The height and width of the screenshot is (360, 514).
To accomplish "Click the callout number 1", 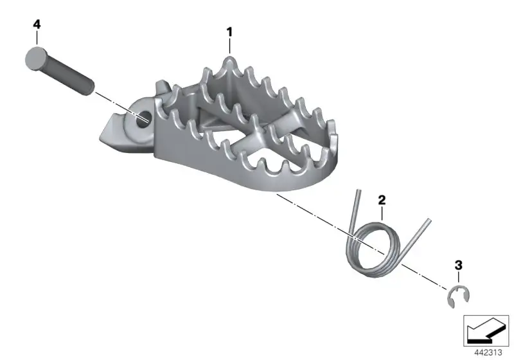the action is point(229,32).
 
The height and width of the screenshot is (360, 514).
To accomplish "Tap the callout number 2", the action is point(382,200).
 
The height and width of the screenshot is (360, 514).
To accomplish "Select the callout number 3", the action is point(459,265).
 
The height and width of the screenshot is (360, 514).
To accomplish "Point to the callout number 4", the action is point(37,24).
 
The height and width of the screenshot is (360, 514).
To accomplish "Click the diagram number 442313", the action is point(488,353).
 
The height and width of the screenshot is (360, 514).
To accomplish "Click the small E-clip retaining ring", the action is point(458,297).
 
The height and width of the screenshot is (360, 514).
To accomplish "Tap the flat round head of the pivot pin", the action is point(35,58).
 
